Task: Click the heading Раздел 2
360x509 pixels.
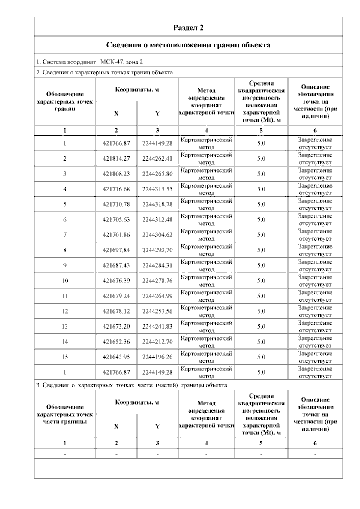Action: click(x=188, y=28)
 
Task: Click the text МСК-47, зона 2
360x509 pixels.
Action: click(x=121, y=62)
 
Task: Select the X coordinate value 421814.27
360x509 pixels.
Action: click(x=116, y=158)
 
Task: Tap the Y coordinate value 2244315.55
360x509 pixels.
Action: click(x=157, y=189)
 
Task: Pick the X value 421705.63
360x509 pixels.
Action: click(x=116, y=220)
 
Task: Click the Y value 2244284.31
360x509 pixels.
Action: click(x=157, y=265)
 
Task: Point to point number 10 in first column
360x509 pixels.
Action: click(x=65, y=281)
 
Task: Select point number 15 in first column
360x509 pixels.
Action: click(x=65, y=357)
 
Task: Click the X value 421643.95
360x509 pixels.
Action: click(x=116, y=357)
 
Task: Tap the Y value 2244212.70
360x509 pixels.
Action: click(x=157, y=342)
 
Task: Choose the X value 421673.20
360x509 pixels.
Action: click(x=116, y=327)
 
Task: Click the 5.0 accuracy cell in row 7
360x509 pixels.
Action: click(x=261, y=235)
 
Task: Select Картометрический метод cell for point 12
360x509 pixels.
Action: click(x=206, y=311)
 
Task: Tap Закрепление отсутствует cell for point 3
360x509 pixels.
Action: click(x=315, y=174)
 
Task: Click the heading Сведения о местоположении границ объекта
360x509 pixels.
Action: click(x=188, y=45)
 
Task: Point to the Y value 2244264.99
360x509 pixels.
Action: click(x=157, y=296)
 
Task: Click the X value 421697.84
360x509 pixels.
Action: click(x=116, y=250)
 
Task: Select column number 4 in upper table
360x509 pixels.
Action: click(x=206, y=131)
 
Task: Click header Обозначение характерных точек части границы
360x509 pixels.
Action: click(x=65, y=414)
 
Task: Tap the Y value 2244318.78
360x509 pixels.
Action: click(x=157, y=204)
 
